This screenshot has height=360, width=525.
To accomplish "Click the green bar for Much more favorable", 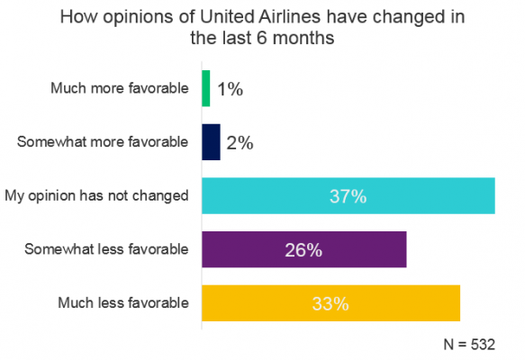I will pyautogui.click(x=206, y=88).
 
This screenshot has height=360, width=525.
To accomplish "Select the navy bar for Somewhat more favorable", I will pyautogui.click(x=211, y=142).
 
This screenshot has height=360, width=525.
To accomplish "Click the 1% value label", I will pyautogui.click(x=231, y=89).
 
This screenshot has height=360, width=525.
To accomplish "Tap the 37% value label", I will pyautogui.click(x=348, y=196).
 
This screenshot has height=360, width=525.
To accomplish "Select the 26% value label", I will pyautogui.click(x=304, y=250).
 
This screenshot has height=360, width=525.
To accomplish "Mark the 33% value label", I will pyautogui.click(x=330, y=303).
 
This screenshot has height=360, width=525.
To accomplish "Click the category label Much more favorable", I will pyautogui.click(x=121, y=88).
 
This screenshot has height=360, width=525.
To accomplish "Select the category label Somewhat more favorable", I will pyautogui.click(x=104, y=141).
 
